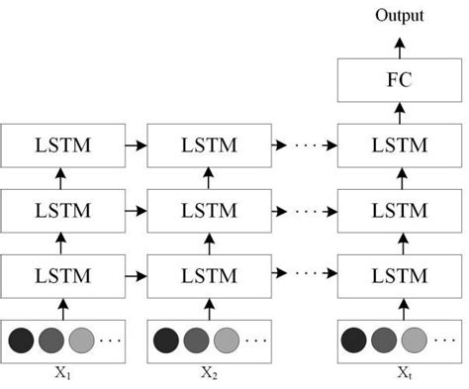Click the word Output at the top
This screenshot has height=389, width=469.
[x=400, y=15]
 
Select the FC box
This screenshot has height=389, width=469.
[x=400, y=80]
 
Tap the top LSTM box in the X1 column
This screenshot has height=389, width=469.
[x=62, y=146]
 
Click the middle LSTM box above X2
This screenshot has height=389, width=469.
[x=208, y=210]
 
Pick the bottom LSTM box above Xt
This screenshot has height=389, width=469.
[x=400, y=274]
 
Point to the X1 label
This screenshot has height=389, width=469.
[x=62, y=373]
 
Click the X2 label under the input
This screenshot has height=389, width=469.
[x=208, y=373]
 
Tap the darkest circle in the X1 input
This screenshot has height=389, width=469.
[x=22, y=340]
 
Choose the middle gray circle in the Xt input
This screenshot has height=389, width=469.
[x=383, y=340]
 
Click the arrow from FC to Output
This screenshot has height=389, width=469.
[x=400, y=45]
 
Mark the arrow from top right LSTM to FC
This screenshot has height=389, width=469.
[x=400, y=112]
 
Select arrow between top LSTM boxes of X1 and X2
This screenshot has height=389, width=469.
[x=135, y=146]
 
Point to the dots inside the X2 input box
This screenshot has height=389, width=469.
[x=255, y=341]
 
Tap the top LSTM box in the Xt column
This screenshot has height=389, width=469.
[x=400, y=146]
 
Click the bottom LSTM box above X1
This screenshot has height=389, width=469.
[x=62, y=274]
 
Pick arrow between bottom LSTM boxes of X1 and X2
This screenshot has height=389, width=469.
[x=135, y=274]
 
